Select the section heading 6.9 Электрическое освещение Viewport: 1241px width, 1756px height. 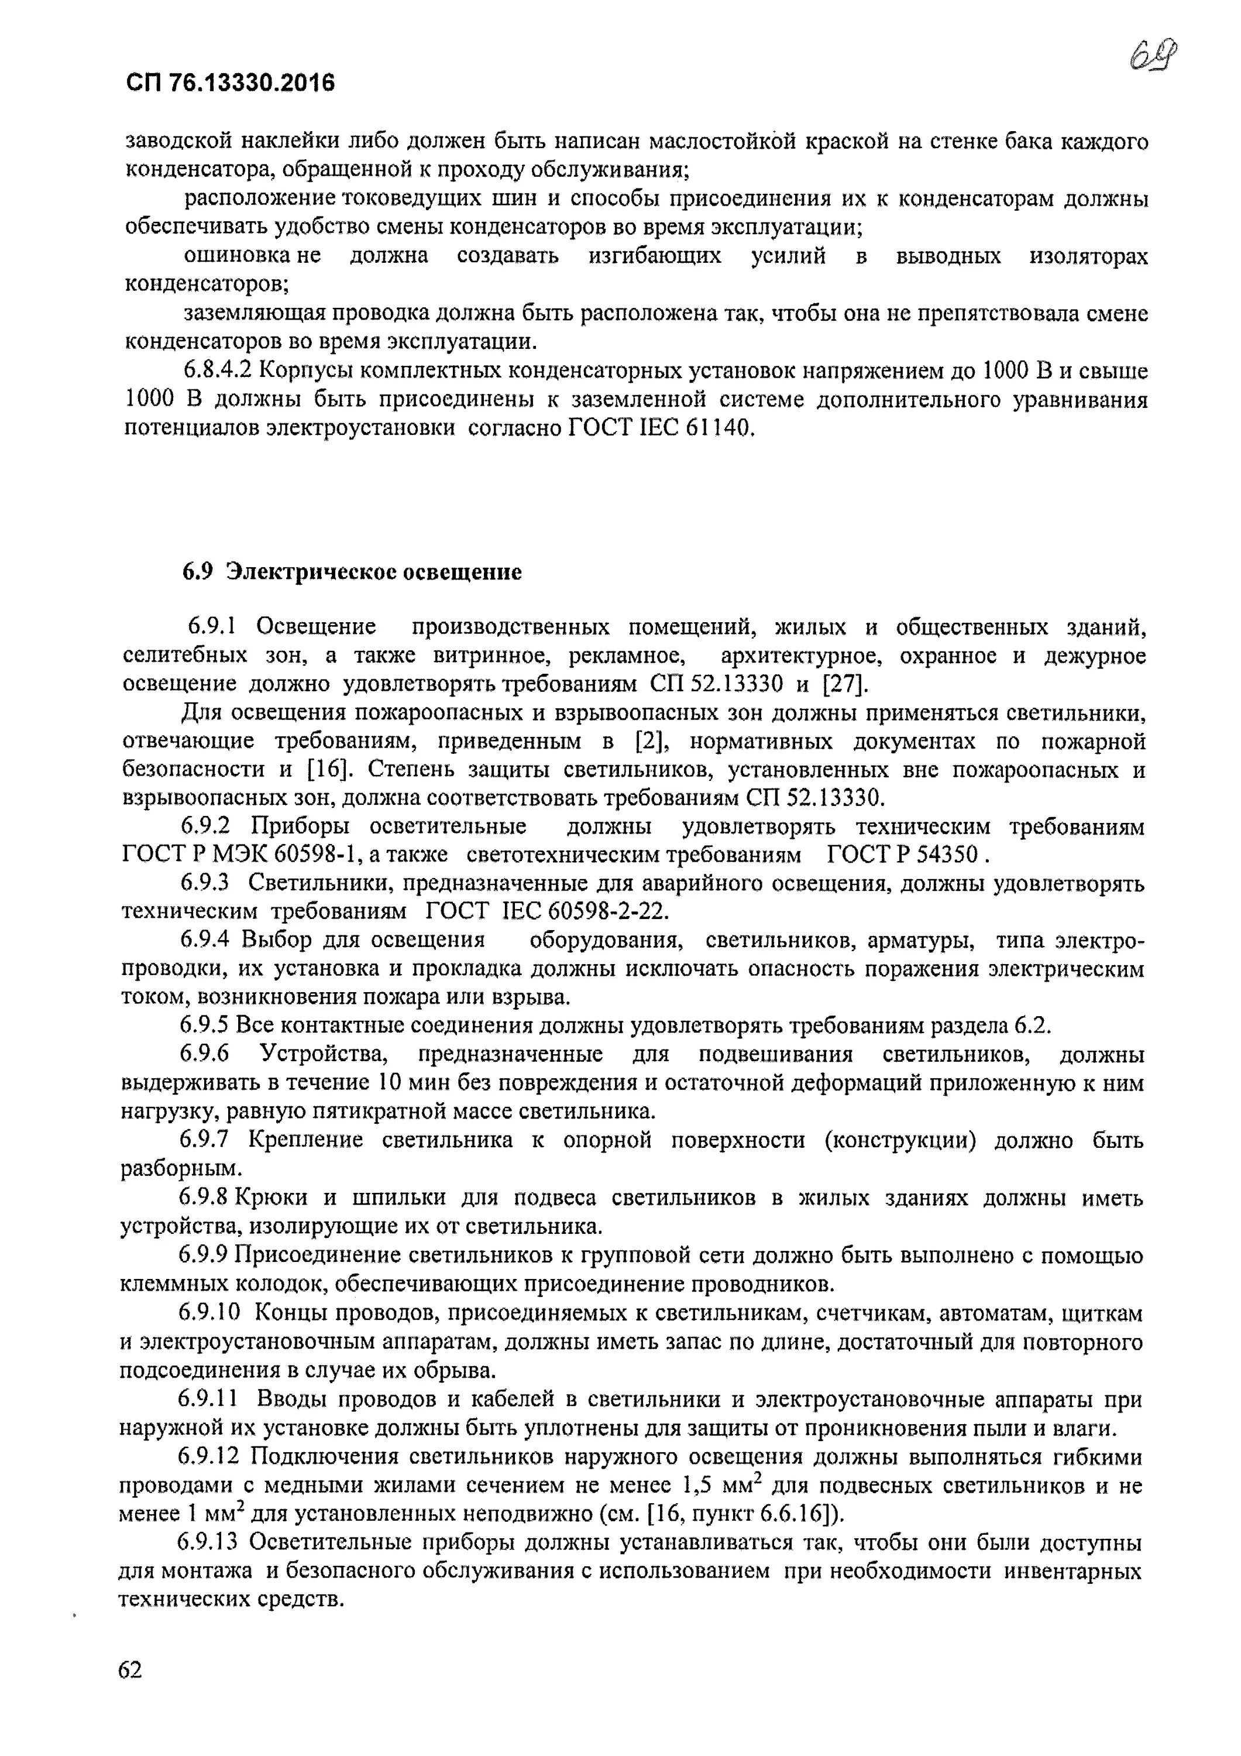(x=352, y=571)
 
